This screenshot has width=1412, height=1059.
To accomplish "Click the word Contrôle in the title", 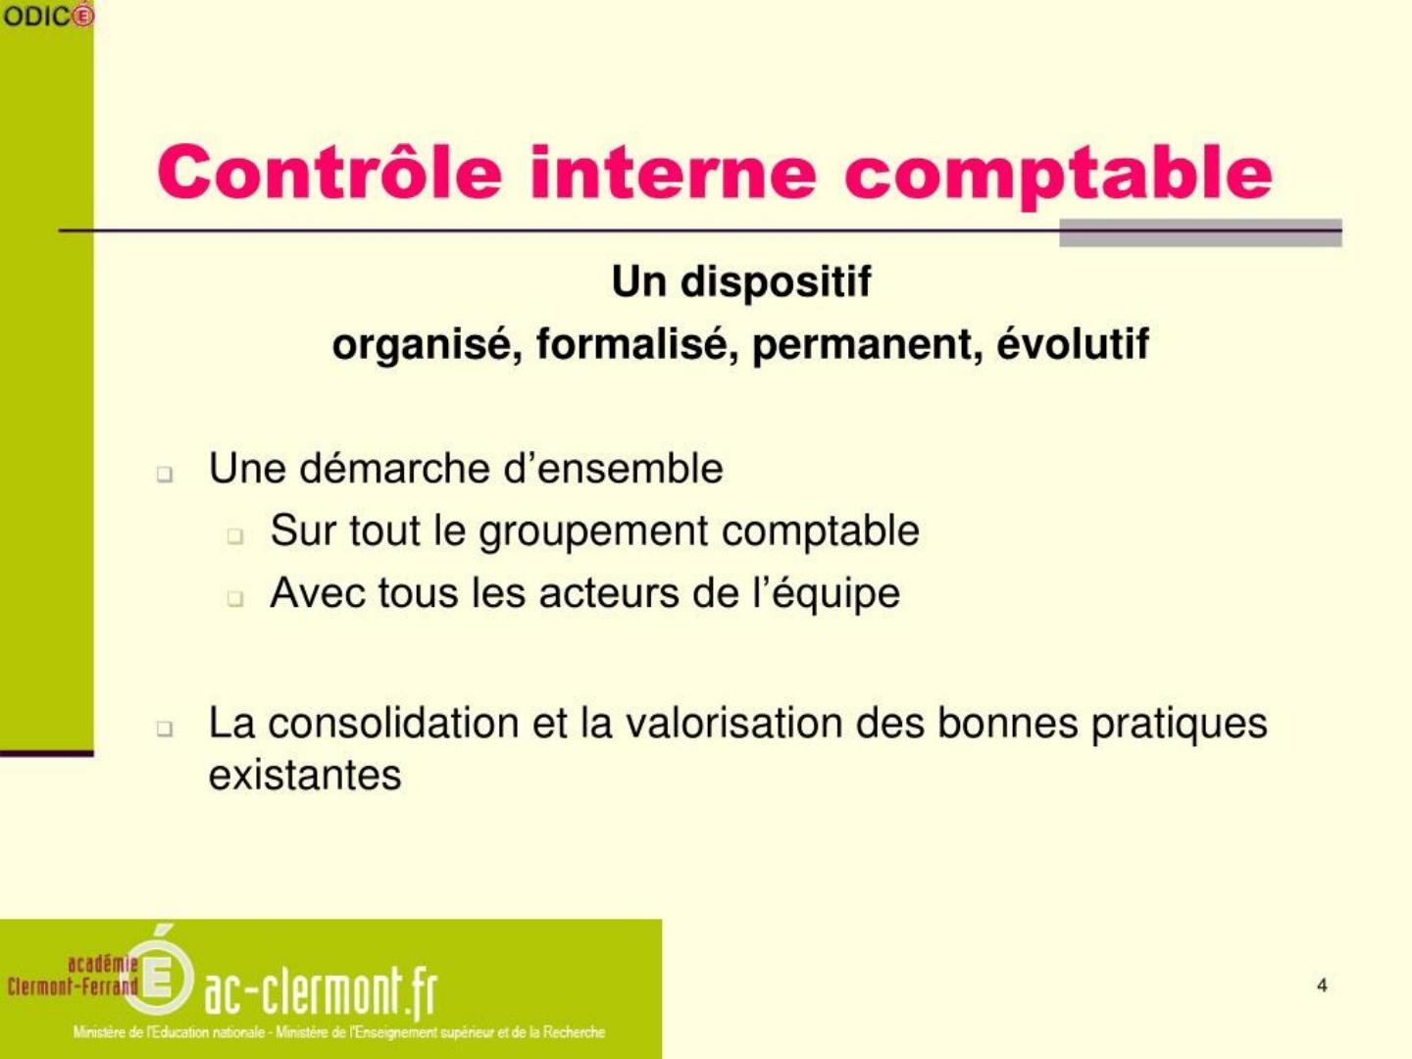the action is tap(329, 173).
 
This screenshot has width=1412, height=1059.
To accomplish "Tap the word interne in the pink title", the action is tap(673, 173).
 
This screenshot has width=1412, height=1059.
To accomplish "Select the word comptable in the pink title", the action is tap(1058, 177).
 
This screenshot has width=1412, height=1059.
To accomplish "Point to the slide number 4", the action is tap(1321, 985).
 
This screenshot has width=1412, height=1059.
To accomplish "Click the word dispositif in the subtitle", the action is tap(776, 281).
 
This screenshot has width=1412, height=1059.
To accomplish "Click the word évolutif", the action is tap(1073, 343).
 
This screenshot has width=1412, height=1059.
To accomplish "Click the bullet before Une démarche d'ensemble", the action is tap(165, 475).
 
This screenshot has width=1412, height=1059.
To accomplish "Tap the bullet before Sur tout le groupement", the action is tap(235, 536).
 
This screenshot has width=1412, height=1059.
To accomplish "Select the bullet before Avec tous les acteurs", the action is tap(235, 598).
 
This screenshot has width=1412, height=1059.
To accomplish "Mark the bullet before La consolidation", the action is tap(165, 729).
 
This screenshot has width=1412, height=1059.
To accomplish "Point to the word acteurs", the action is tap(609, 593).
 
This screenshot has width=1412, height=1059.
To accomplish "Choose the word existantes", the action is tap(305, 775).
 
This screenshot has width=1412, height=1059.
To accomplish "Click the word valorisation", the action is tap(734, 723).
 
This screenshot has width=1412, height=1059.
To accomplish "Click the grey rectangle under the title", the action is tap(1200, 232).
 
